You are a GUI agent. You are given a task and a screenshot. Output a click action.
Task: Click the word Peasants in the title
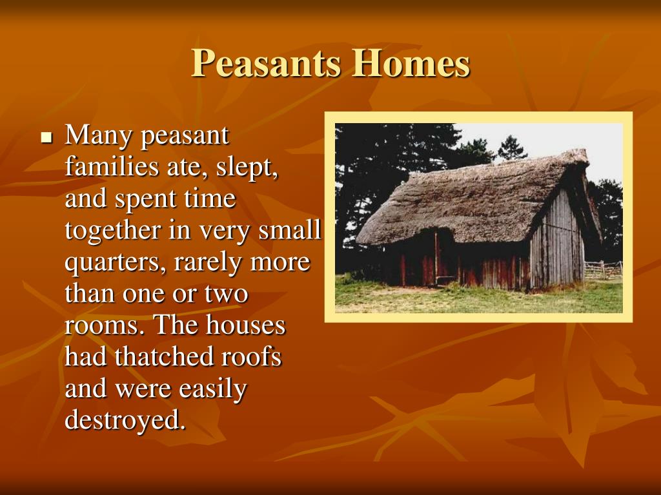coord(265,63)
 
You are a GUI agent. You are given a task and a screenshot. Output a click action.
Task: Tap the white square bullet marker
coord(46,137)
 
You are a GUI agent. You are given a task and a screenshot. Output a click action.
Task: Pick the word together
coord(113,231)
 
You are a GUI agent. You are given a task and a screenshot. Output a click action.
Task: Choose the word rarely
coord(208,263)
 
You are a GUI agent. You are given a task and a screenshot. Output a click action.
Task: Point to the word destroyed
coord(125,420)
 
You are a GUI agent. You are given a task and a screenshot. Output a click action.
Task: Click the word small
coord(290,231)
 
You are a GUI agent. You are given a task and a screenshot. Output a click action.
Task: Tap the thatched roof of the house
coord(468,202)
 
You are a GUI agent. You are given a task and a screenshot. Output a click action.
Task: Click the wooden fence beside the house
coord(603,270)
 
